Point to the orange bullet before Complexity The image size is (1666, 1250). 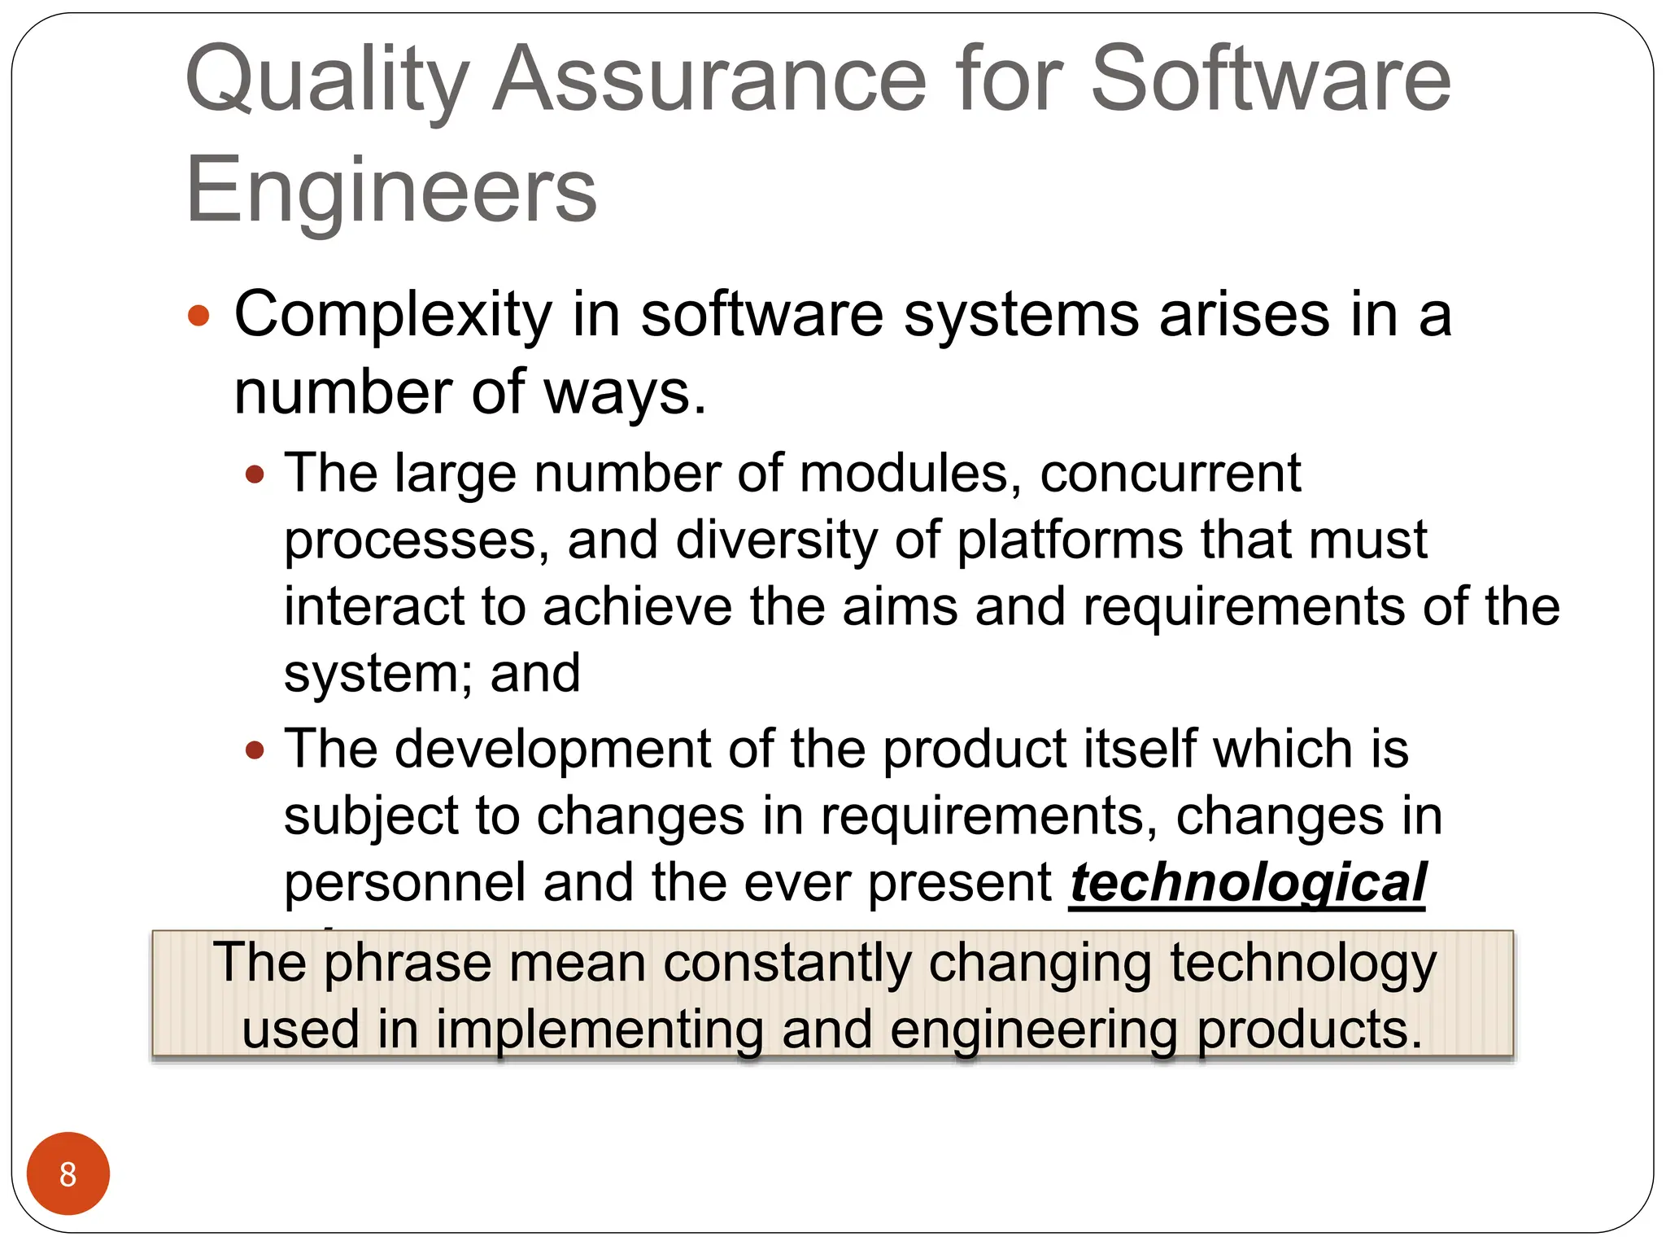coord(198,316)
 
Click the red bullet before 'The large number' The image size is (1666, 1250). coord(255,474)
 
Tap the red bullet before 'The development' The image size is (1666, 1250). coord(255,750)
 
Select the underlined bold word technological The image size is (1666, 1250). coord(1247,884)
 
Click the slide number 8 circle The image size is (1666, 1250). coord(68,1174)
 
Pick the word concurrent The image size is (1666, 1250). coord(1170,474)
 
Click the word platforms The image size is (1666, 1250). coord(1069,540)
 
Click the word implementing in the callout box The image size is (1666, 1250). coord(600,1030)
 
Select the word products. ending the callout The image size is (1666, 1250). coord(1309,1030)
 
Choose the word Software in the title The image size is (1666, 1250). coord(1270,80)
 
